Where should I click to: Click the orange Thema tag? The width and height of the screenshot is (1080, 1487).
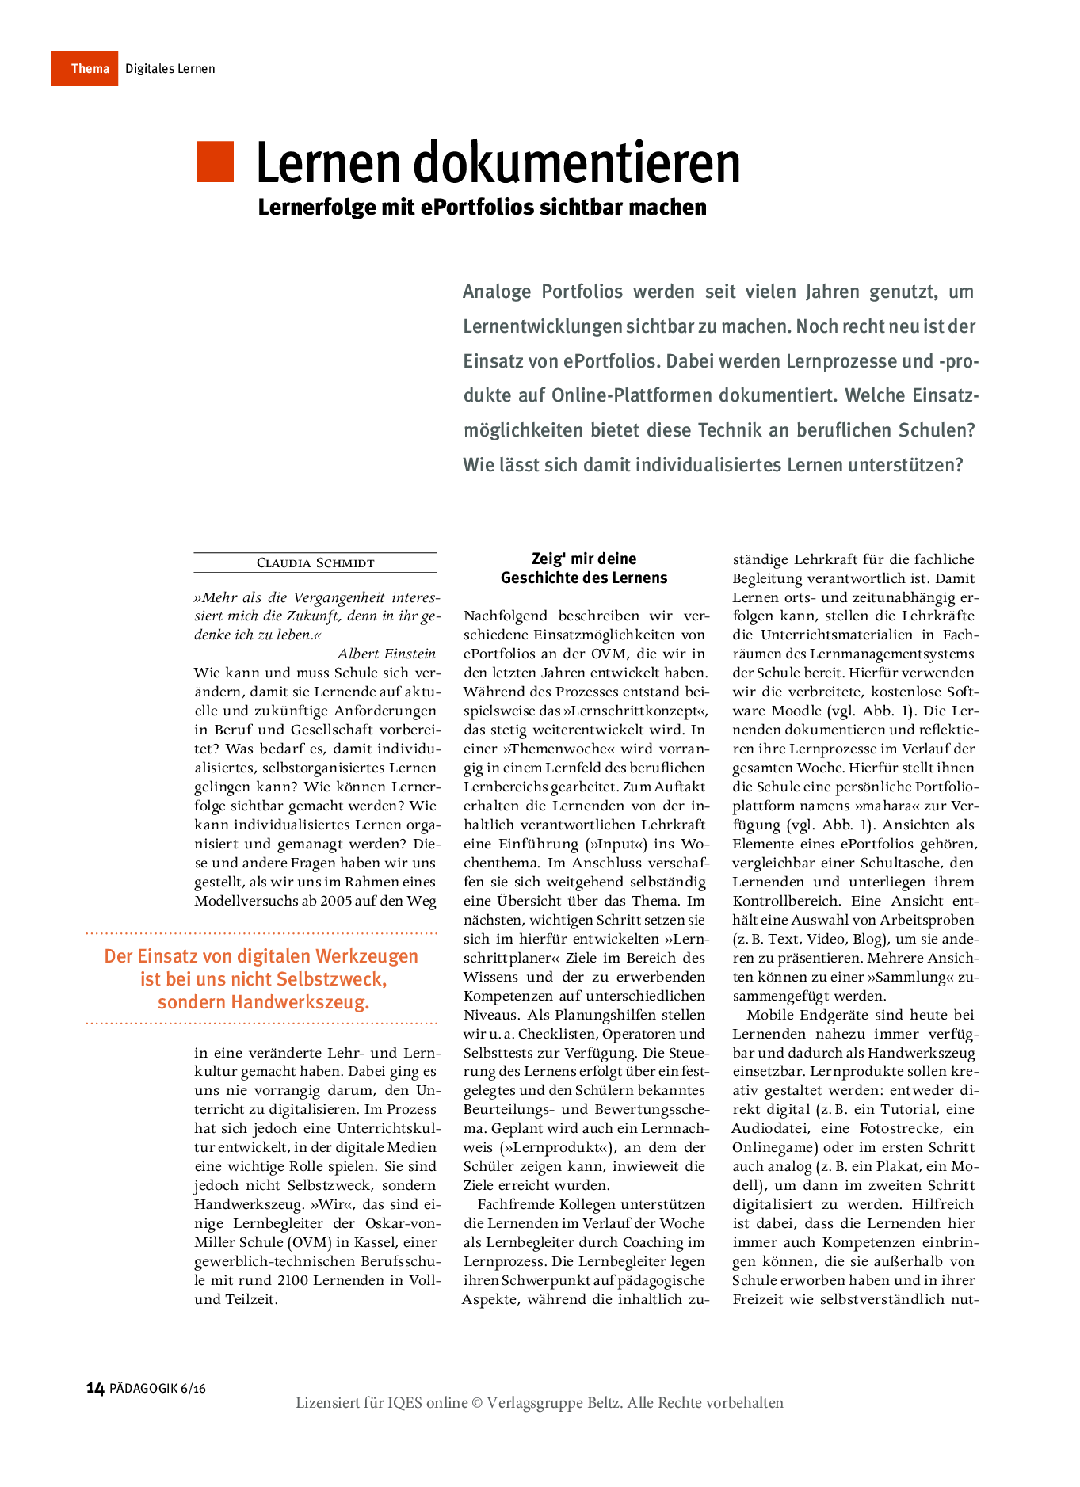(85, 69)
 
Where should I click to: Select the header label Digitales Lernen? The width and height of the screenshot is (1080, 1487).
(170, 69)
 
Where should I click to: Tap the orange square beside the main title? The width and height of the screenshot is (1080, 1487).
(215, 162)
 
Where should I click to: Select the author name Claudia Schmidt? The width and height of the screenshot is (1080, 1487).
(315, 563)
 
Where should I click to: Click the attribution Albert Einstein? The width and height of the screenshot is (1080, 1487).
(387, 654)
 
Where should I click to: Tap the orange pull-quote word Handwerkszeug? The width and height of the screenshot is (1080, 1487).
(300, 1002)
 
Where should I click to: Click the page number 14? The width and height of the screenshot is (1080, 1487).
(95, 1388)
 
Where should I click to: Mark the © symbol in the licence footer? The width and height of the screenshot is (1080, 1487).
(477, 1403)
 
